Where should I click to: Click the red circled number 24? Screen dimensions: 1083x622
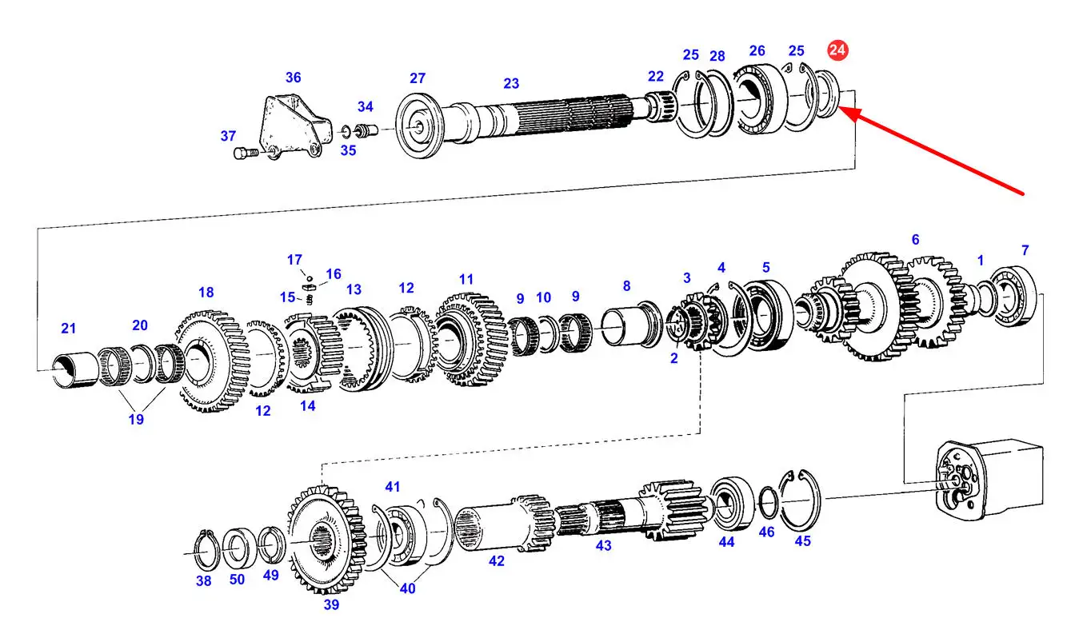(837, 50)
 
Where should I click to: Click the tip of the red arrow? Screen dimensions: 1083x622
(839, 108)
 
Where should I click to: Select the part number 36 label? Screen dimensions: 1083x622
(293, 78)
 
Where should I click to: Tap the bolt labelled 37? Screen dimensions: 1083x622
(246, 154)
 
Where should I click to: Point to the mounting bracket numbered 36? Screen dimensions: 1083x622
(295, 126)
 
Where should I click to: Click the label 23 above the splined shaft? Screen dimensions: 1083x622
(511, 84)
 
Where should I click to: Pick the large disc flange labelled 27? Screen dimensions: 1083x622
(418, 126)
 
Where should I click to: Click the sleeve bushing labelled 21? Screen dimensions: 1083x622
(75, 370)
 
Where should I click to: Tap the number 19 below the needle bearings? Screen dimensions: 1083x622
(136, 419)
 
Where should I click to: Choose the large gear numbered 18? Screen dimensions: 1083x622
(212, 361)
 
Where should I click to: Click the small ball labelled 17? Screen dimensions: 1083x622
(310, 278)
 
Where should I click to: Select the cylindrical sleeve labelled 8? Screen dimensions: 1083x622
(631, 324)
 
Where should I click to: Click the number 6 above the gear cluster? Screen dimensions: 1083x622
(915, 239)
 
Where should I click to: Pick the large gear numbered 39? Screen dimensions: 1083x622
(327, 540)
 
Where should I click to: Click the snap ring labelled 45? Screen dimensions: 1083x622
(800, 500)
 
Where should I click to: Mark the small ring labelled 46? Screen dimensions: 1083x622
(768, 503)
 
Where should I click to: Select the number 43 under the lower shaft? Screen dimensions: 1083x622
(603, 545)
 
